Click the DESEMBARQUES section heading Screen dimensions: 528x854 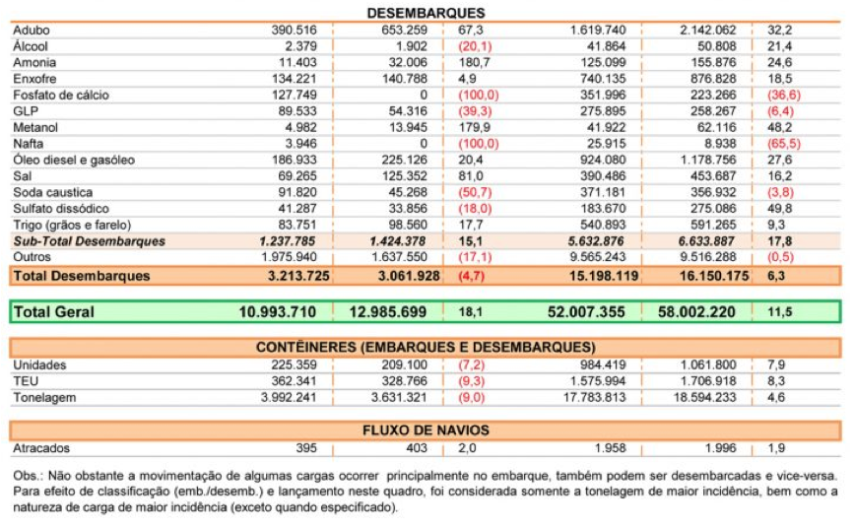coord(426,13)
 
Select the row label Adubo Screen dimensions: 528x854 coord(32,31)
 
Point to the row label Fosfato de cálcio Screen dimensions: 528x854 coord(61,96)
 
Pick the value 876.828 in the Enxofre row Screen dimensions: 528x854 coord(707,79)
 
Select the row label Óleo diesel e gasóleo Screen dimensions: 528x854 coord(74,160)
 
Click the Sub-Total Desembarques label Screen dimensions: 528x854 coord(90,240)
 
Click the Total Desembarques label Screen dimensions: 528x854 coord(82,276)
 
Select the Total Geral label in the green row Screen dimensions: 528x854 coord(54,312)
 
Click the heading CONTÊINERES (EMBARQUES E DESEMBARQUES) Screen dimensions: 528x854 coord(426,348)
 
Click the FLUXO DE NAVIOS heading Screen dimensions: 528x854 coord(426,430)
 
